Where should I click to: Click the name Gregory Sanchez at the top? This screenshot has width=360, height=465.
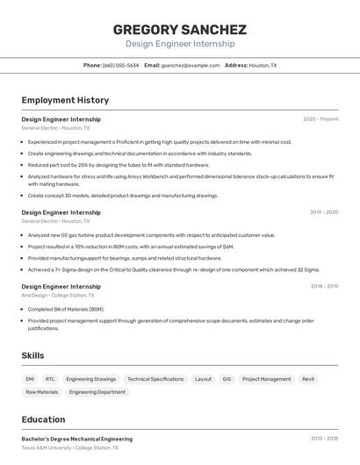(x=179, y=29)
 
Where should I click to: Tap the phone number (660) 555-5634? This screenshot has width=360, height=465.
(x=120, y=66)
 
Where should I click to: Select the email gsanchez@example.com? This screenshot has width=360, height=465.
(x=190, y=66)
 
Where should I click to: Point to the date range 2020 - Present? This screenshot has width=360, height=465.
(x=320, y=119)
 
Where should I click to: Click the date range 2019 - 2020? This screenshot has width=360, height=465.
(x=324, y=212)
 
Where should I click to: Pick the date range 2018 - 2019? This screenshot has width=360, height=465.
(x=324, y=286)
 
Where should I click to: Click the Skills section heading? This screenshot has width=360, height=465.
(x=33, y=355)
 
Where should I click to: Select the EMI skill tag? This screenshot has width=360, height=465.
(x=31, y=379)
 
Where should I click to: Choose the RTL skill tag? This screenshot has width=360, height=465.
(x=50, y=379)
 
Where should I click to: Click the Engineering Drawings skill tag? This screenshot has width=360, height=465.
(x=90, y=379)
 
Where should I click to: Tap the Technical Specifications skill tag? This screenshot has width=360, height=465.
(x=155, y=379)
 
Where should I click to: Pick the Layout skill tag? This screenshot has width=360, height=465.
(x=203, y=379)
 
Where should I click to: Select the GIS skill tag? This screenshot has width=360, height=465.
(x=227, y=379)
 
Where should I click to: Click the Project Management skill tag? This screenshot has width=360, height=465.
(x=266, y=379)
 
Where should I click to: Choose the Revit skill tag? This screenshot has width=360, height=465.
(x=308, y=379)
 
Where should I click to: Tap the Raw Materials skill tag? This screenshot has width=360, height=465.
(x=42, y=392)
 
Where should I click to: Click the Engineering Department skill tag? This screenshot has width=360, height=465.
(x=97, y=392)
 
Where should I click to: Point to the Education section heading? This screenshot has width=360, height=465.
(x=43, y=419)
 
